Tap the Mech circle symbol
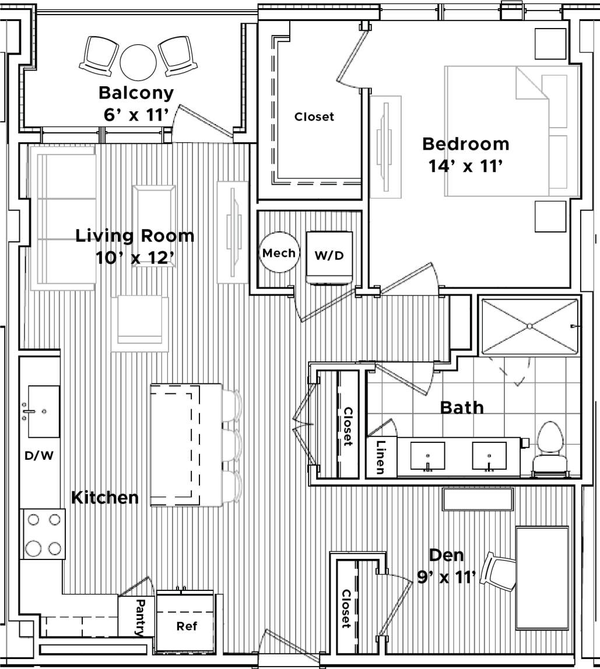click(278, 253)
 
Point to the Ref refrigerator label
click(187, 626)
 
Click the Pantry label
click(141, 617)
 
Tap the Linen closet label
click(380, 457)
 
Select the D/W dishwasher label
click(39, 456)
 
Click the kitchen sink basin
click(44, 411)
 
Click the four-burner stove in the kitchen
click(43, 534)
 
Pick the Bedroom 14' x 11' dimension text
click(465, 167)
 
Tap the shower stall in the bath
click(529, 326)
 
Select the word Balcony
click(136, 93)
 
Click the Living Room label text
click(135, 236)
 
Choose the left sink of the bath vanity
click(427, 455)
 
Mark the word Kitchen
click(105, 497)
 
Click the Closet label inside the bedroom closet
click(314, 117)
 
